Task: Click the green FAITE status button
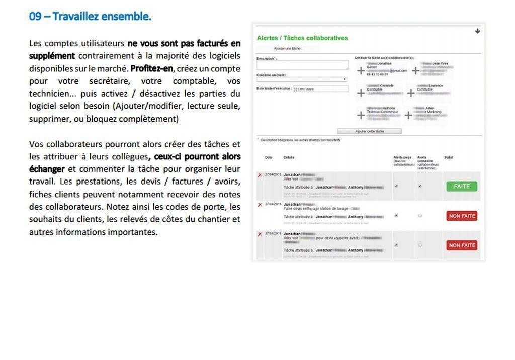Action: (462, 186)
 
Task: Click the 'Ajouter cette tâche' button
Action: (370, 131)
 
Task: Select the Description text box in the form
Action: (302, 65)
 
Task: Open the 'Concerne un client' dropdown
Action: (302, 79)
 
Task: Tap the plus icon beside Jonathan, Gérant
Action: (361, 71)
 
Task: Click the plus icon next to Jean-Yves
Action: (415, 71)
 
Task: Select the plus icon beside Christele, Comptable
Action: (361, 93)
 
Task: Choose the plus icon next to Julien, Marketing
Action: (408, 115)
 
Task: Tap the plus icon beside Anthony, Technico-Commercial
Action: (361, 115)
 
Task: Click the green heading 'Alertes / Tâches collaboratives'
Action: (302, 38)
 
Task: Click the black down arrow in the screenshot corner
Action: (477, 31)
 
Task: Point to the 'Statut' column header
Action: (449, 157)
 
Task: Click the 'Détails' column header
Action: (289, 157)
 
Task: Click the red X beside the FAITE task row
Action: (260, 175)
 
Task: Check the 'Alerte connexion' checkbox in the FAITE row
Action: (420, 186)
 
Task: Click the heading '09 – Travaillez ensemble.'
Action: (90, 16)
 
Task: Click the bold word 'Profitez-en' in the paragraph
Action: (151, 68)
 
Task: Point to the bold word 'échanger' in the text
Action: (47, 169)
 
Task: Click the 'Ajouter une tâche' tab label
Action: (287, 49)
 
